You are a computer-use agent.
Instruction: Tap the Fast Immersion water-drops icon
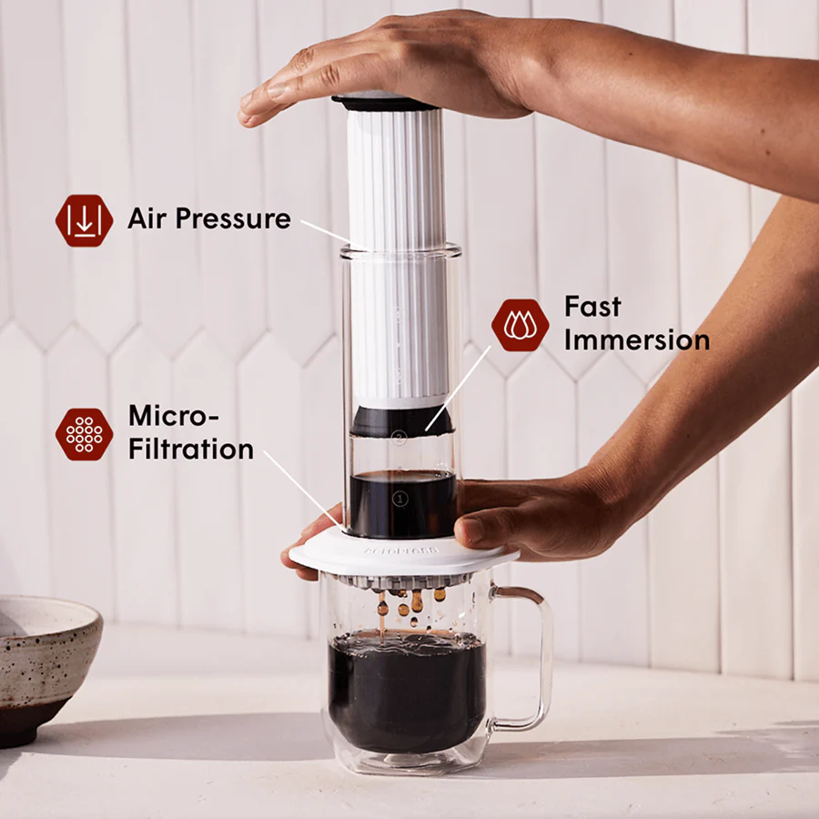(x=520, y=325)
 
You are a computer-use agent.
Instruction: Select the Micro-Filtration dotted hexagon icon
(x=84, y=434)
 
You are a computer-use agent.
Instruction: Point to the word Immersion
(x=636, y=340)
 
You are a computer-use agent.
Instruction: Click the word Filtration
(x=190, y=449)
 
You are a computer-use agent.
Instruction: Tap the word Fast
(x=592, y=307)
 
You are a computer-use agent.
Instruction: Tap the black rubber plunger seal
(x=401, y=420)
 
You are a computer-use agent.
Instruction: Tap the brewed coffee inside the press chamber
(x=401, y=505)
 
